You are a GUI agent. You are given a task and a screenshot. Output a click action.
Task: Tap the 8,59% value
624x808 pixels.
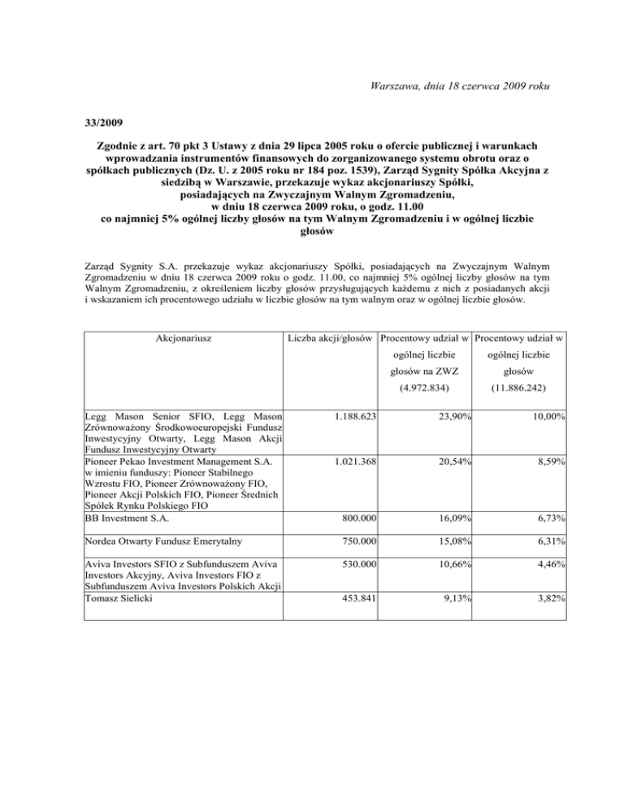(x=551, y=460)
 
